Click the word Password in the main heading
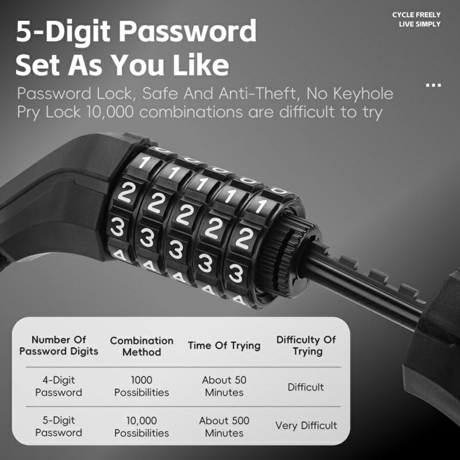coord(188,31)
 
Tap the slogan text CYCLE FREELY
coord(416,15)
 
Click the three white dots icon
coord(433,86)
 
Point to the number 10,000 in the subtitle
coord(110,112)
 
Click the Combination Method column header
coord(142,346)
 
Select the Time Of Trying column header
coord(224,345)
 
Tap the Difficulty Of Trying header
coord(306,345)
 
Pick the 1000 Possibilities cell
coord(142,386)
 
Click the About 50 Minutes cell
coord(224,386)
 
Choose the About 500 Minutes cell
coord(224,426)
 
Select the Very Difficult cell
coord(306,425)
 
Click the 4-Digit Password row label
coord(59,386)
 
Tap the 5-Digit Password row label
coord(59,426)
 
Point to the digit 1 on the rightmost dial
coord(261,206)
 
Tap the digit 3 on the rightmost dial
coord(236,273)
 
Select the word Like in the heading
coord(201,65)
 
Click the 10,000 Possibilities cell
coord(142,426)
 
